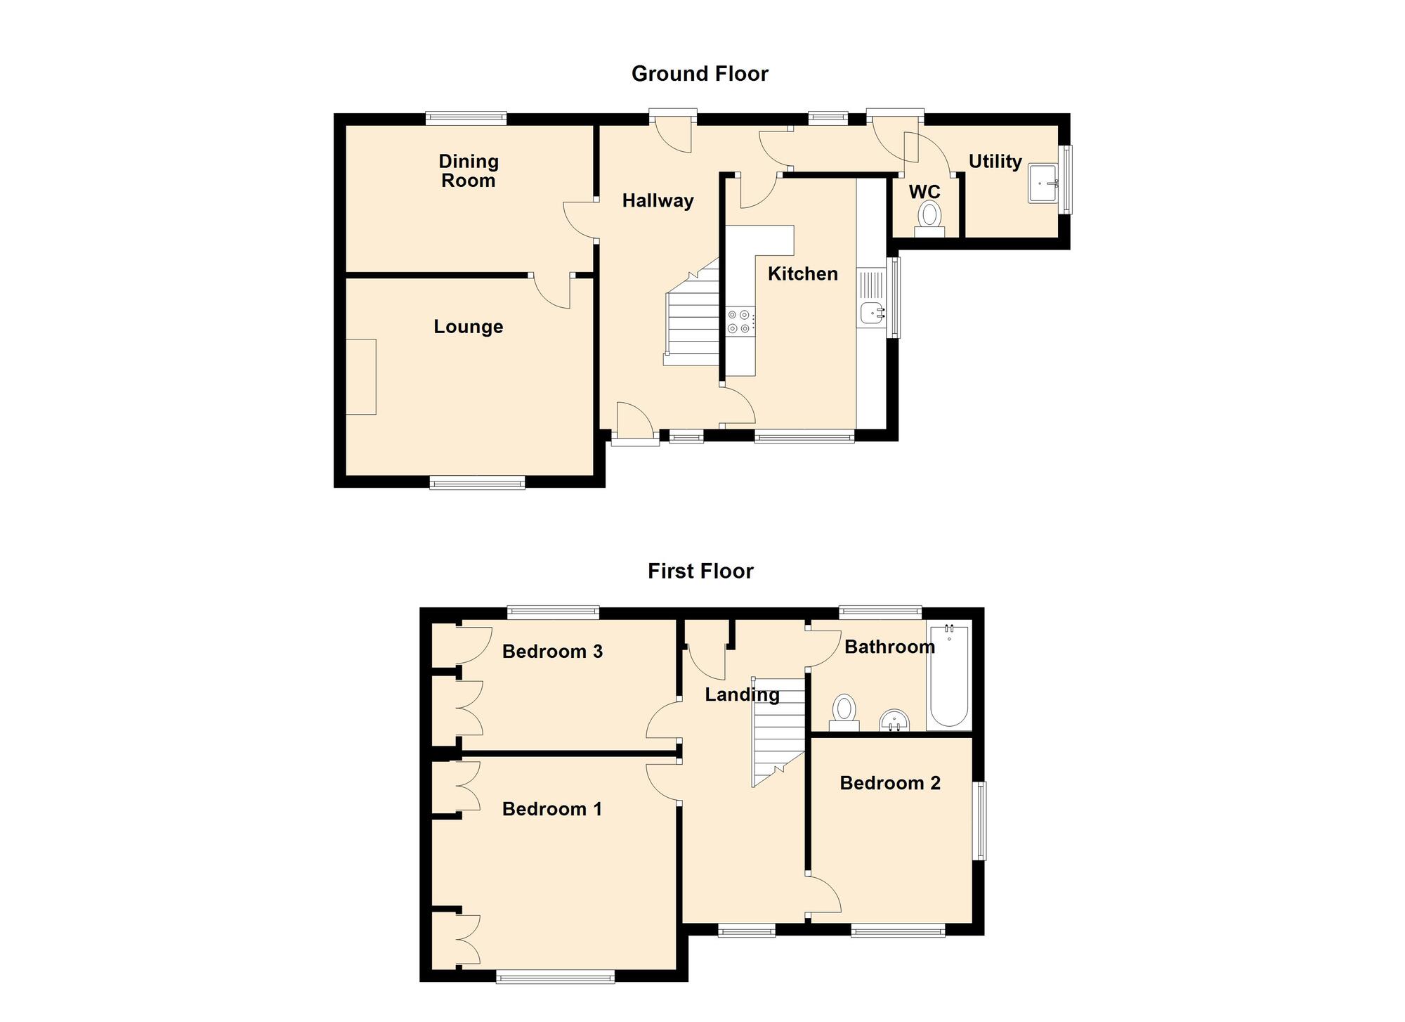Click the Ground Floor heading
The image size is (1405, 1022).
click(700, 74)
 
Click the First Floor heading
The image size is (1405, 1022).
click(700, 571)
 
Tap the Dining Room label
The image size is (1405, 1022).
click(469, 171)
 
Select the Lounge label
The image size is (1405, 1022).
click(469, 327)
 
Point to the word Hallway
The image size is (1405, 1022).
click(658, 201)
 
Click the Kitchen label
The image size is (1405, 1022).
click(803, 273)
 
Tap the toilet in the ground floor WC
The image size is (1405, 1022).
click(929, 219)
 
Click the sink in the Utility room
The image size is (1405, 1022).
click(1044, 183)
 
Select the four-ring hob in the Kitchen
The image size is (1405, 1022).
click(740, 321)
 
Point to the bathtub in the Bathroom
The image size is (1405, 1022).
click(949, 675)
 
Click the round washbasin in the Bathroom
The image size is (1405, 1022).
click(894, 720)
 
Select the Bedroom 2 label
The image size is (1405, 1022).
click(890, 783)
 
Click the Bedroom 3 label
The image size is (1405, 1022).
click(552, 652)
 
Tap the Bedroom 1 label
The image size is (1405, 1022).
click(552, 809)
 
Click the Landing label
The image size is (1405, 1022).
click(743, 695)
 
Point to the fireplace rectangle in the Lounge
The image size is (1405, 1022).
click(361, 377)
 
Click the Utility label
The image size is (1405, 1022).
click(995, 162)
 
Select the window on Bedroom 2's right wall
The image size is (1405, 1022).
click(979, 821)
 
